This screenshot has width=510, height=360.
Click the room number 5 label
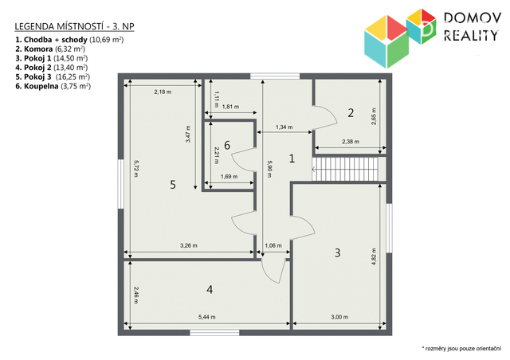coord(173,185)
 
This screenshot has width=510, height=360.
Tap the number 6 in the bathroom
coord(227,145)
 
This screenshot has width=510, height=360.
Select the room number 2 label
coord(351,113)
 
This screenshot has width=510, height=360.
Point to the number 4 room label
coord(210,289)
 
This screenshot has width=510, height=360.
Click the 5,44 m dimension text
coord(207,317)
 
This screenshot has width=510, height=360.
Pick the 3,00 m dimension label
coord(339,317)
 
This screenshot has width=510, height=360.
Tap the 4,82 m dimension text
coord(374,256)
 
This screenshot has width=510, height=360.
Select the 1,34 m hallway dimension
coord(284,127)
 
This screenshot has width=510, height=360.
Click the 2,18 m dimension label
coord(163,92)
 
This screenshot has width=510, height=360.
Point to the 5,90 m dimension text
coord(269,169)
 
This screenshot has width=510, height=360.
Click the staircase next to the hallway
coord(345,169)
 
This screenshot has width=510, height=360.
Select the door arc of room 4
coord(274,272)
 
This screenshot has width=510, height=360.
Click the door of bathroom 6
coord(243,159)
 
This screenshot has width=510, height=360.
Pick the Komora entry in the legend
coord(50,49)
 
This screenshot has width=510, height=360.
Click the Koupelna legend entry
coord(53,86)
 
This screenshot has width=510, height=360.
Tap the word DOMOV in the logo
coord(473,18)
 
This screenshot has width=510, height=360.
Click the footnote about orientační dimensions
coord(461,349)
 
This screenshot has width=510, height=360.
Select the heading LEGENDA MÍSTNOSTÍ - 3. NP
coord(74,26)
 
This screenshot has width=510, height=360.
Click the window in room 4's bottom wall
coord(214,332)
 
